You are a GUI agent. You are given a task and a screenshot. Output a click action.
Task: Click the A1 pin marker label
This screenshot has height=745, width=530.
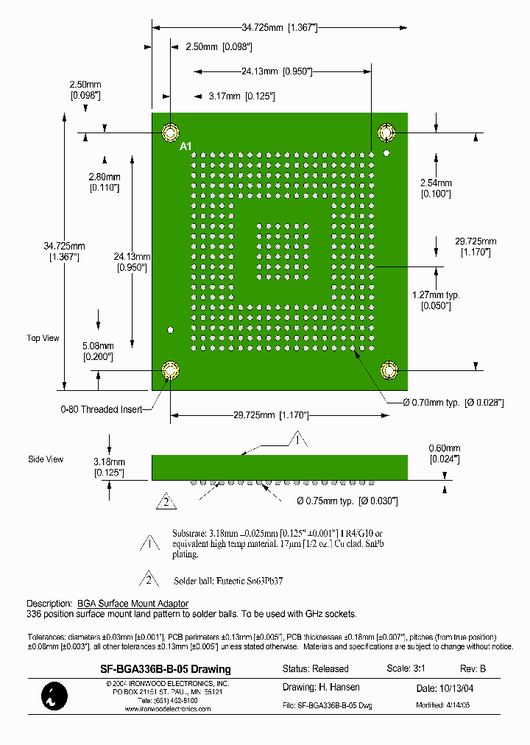tap(186, 146)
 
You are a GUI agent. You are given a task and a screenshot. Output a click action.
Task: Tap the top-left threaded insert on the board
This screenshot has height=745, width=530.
tap(170, 134)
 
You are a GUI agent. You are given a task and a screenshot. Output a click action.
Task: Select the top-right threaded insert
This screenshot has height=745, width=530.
tap(386, 134)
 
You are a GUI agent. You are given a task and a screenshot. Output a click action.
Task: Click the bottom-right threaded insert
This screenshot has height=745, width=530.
tap(388, 370)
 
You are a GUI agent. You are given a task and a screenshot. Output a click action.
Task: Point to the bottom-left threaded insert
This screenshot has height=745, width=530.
tap(170, 370)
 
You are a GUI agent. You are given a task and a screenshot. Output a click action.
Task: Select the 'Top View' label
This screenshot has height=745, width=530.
tap(43, 338)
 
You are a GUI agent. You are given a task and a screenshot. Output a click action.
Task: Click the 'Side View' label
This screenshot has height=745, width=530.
tap(46, 459)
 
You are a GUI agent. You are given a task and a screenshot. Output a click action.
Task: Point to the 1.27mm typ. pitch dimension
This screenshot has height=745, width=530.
tap(435, 300)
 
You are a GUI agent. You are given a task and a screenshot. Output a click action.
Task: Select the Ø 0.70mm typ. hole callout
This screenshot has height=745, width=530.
tap(453, 402)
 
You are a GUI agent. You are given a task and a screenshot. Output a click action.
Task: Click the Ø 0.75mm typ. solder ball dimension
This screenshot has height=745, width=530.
tap(347, 501)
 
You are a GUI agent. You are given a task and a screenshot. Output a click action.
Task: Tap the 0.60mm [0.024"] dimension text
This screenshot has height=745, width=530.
tap(445, 453)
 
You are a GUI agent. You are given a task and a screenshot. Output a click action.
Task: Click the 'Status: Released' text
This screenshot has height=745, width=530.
tap(316, 668)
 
